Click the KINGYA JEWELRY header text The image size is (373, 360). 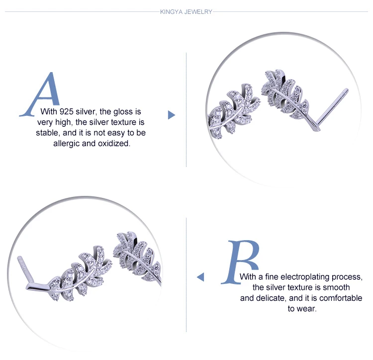pyautogui.click(x=186, y=12)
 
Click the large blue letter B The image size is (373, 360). pyautogui.click(x=241, y=262)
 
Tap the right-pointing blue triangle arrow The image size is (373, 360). pyautogui.click(x=171, y=115)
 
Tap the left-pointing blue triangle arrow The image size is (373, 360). pyautogui.click(x=200, y=277)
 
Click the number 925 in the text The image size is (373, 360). pyautogui.click(x=66, y=111)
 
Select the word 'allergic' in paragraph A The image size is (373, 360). pyautogui.click(x=66, y=144)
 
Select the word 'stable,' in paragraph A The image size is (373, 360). pyautogui.click(x=48, y=133)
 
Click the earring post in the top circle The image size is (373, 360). pyautogui.click(x=332, y=109)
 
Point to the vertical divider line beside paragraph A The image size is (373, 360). pyautogui.click(x=186, y=109)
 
